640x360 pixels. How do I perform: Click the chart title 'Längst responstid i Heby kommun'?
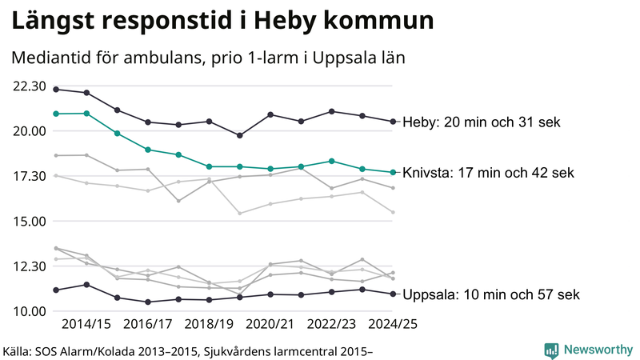[223, 22]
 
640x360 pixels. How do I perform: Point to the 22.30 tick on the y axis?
[27, 86]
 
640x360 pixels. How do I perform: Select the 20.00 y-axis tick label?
[27, 130]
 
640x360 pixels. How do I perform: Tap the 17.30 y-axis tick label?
[27, 176]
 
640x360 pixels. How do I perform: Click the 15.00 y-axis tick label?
[27, 221]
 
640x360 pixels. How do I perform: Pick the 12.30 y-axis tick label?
[27, 266]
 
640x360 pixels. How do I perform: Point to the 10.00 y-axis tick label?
[27, 311]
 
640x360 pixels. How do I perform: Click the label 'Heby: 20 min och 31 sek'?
[481, 122]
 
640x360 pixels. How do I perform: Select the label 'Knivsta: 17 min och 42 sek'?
[488, 173]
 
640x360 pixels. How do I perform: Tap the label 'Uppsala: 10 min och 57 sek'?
[490, 295]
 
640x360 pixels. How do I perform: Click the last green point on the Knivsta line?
[392, 172]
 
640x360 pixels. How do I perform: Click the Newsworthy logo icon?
[551, 350]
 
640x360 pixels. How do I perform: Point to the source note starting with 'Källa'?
[189, 350]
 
